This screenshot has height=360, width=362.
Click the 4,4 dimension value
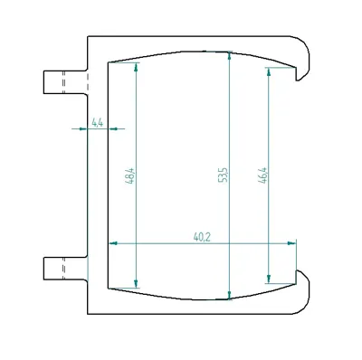tap(98, 123)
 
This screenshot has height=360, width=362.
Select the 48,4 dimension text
tap(129, 176)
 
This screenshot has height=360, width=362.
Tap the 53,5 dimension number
tap(223, 175)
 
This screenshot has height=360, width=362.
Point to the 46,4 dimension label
tap(262, 175)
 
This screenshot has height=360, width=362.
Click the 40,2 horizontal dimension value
tap(202, 238)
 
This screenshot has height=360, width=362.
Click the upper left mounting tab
tap(65, 82)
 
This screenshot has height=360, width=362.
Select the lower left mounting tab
tap(65, 269)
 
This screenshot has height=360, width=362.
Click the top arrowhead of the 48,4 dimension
tap(136, 67)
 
